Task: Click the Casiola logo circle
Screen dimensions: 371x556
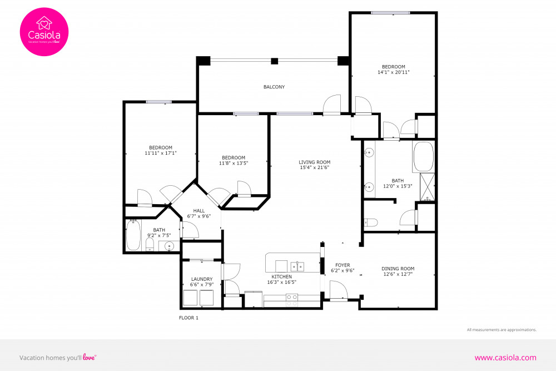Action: (44, 31)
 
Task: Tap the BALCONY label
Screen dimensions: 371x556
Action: (274, 87)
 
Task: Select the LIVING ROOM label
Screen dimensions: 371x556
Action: (315, 162)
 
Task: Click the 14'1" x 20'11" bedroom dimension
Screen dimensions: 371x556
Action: (394, 72)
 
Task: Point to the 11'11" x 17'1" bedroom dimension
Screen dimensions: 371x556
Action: (161, 153)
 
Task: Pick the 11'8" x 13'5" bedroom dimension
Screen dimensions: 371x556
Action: (233, 163)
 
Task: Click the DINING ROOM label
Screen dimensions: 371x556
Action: (399, 269)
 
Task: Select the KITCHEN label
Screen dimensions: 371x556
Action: (282, 276)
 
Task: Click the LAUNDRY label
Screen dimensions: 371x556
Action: (202, 279)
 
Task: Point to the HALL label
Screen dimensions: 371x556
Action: (199, 211)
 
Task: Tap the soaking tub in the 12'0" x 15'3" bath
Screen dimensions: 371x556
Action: (424, 157)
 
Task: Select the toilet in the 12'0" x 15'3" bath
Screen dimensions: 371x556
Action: (371, 222)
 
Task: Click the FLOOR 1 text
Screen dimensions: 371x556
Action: (188, 318)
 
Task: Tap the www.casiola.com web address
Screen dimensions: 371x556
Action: (505, 358)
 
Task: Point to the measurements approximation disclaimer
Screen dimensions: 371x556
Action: (502, 330)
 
